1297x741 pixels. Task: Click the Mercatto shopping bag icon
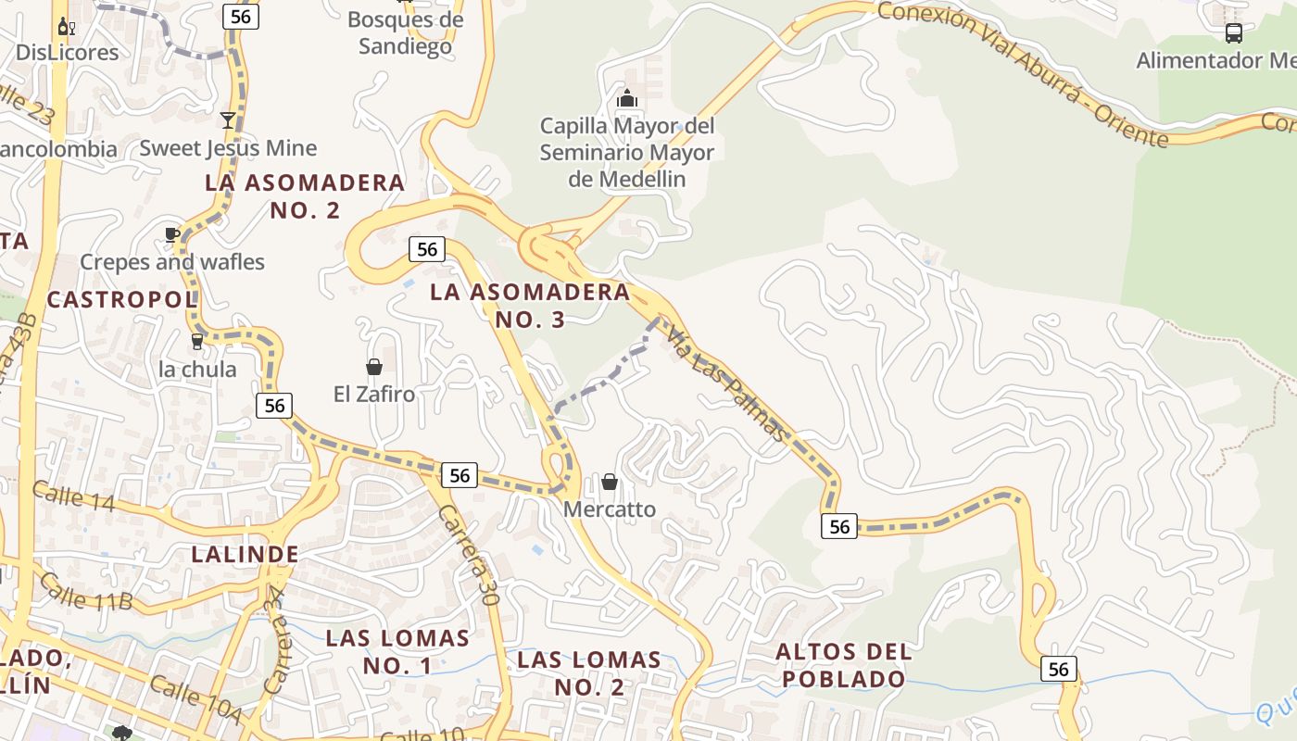[610, 482]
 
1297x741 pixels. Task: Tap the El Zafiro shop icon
[374, 367]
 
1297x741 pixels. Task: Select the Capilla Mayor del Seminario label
[627, 152]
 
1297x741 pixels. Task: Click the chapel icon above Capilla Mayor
[627, 97]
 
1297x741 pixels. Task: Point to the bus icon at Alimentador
[1233, 33]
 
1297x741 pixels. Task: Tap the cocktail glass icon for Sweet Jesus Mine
[227, 119]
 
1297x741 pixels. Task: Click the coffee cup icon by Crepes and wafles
[172, 234]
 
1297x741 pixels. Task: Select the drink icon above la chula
[196, 342]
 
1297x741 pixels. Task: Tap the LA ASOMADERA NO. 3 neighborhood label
[530, 306]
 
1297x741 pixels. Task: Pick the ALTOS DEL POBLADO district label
[843, 665]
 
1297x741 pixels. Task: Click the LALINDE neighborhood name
[245, 555]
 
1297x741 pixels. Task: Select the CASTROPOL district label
[121, 299]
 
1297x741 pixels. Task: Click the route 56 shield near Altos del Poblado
[838, 526]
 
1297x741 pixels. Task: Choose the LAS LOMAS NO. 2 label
[589, 673]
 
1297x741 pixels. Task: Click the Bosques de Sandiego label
[405, 32]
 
